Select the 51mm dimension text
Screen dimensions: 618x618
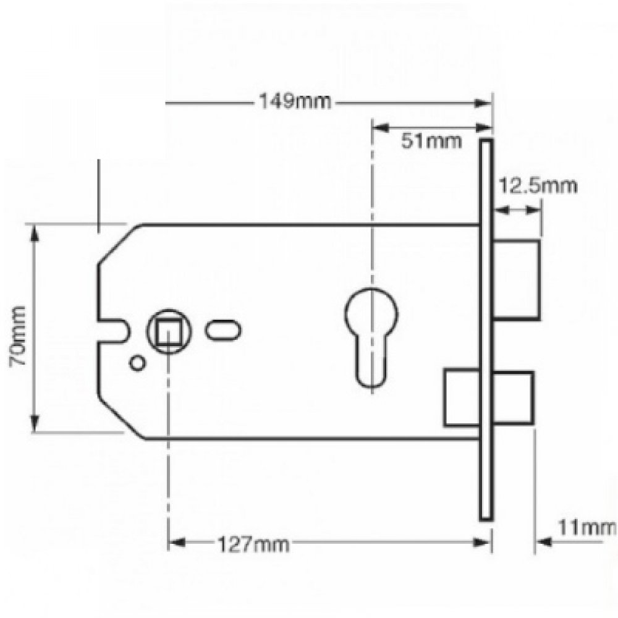tap(431, 142)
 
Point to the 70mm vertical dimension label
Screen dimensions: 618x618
tap(19, 336)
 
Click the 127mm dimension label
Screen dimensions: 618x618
tap(253, 544)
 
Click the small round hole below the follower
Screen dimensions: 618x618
tap(137, 363)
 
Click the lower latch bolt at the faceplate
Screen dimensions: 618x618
tap(488, 398)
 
